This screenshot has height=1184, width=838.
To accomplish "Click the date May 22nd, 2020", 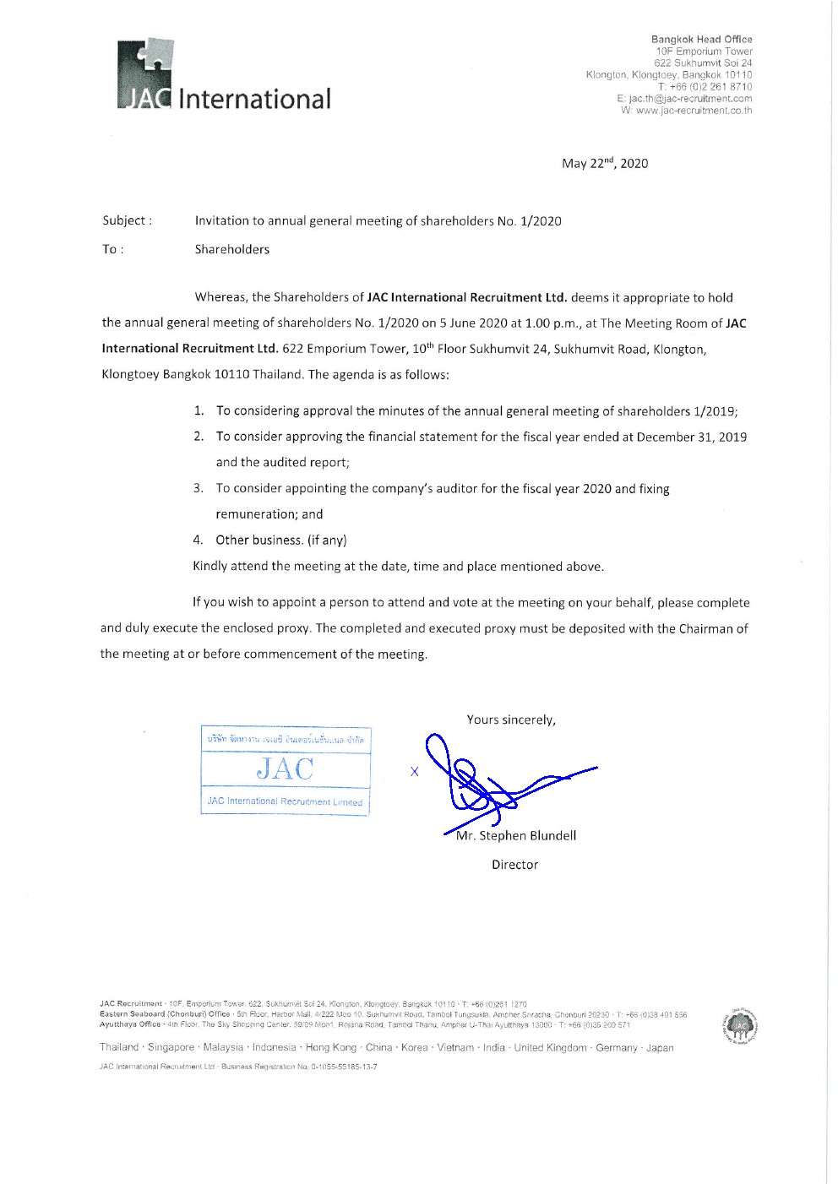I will pos(605,164).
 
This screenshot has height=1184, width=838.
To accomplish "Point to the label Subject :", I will pos(128,221).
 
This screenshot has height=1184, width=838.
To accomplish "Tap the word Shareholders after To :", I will pos(232,250).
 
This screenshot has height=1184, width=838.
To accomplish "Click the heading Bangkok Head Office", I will pos(701,40).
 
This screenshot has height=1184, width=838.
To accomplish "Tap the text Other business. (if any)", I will pos(281,540).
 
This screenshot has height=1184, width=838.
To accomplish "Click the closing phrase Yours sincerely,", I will pos(511,720).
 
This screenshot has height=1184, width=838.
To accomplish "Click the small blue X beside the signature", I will pos(414,772).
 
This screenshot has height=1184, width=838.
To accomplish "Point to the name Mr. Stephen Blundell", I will pos(516,836).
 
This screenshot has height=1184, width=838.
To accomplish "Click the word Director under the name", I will pos(514,865).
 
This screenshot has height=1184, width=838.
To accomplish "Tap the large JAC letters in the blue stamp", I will pos(286,769).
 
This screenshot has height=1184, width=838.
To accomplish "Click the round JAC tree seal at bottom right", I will pos(740,1025).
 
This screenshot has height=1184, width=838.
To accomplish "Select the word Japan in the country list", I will pos(660,1048).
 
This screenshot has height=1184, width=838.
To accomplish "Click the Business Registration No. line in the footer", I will pos(238,1067).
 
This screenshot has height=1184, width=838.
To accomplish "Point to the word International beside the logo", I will pos(254,99).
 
